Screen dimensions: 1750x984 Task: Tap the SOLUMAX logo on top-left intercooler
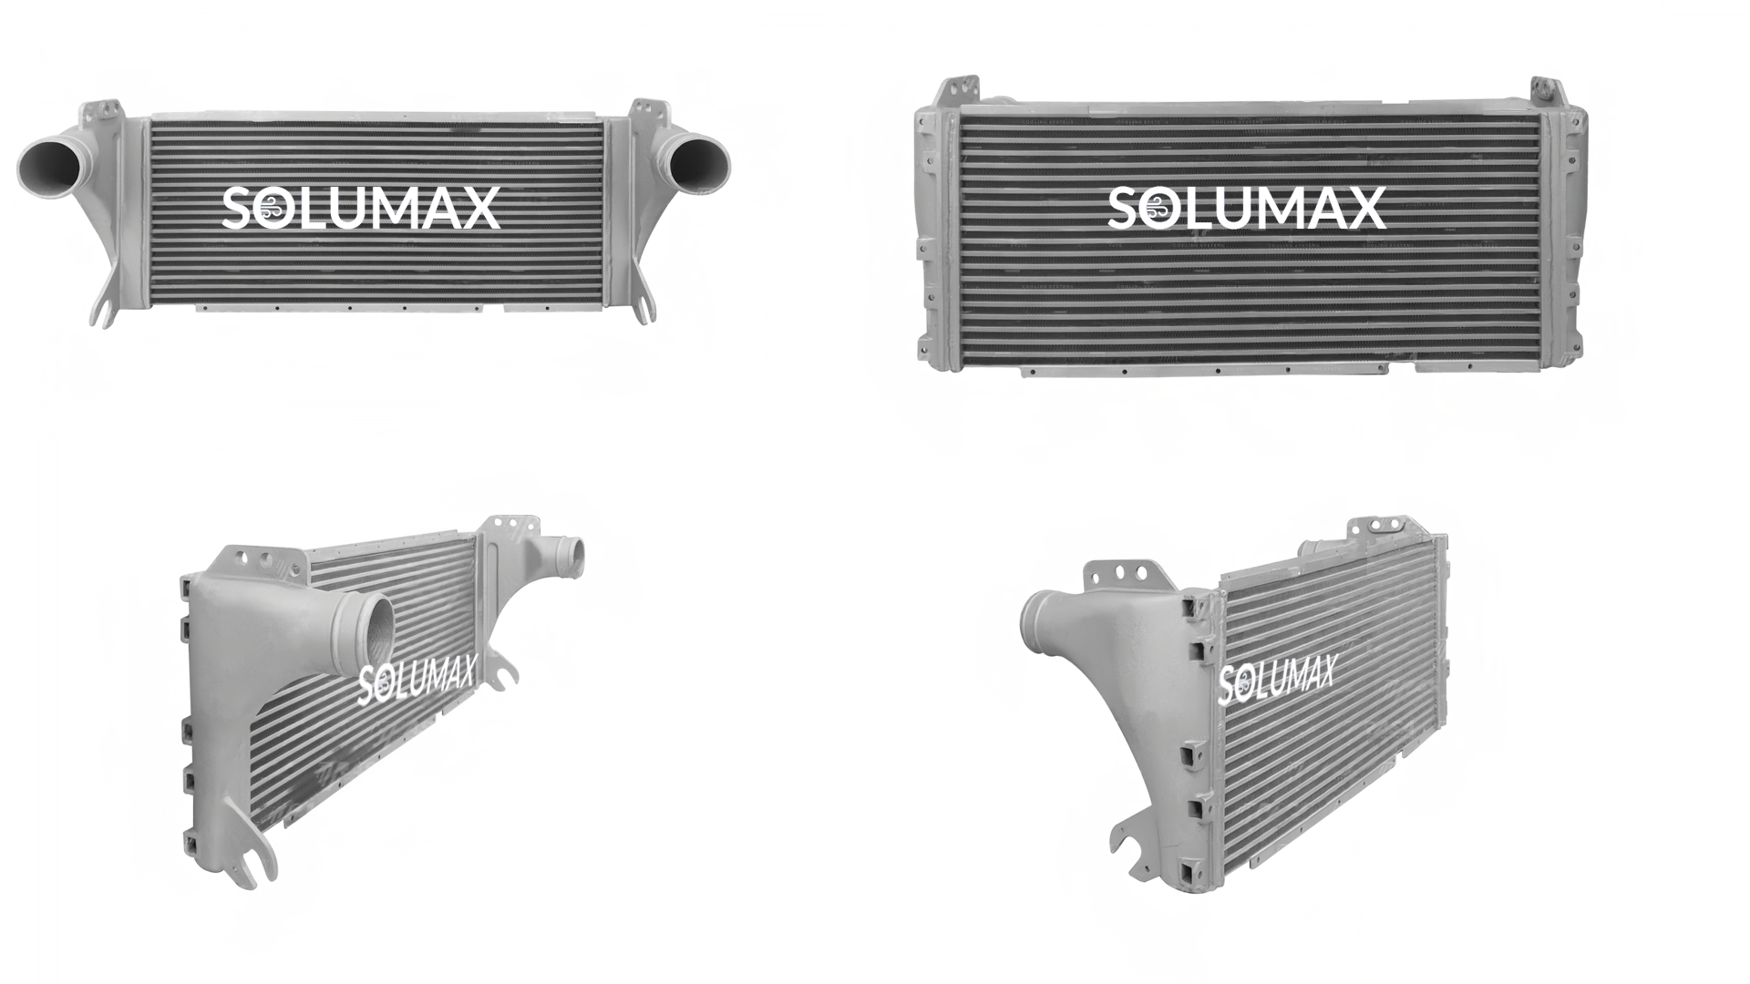[x=361, y=208]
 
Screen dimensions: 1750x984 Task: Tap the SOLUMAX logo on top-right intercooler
[x=1247, y=208]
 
